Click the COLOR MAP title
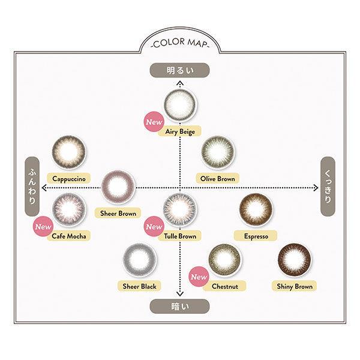coord(180,43)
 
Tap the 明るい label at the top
coord(180,70)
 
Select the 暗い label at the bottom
coord(180,306)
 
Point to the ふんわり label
coord(32,187)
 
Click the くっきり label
coord(328,187)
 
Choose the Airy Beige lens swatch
coord(180,104)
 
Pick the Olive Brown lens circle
coord(218,152)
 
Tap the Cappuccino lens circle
coord(69,152)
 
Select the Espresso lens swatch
coord(256,209)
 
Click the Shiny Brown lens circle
coord(295,260)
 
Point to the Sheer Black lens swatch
coord(139,260)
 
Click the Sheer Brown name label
coord(118,213)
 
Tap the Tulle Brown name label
coord(180,236)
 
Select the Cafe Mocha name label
coord(69,236)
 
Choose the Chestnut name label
coord(224,286)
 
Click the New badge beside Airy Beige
coord(154,122)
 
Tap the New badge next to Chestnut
coord(199,277)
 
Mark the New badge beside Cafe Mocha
coord(43,226)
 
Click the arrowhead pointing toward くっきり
coord(316,188)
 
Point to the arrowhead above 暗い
coord(180,293)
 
